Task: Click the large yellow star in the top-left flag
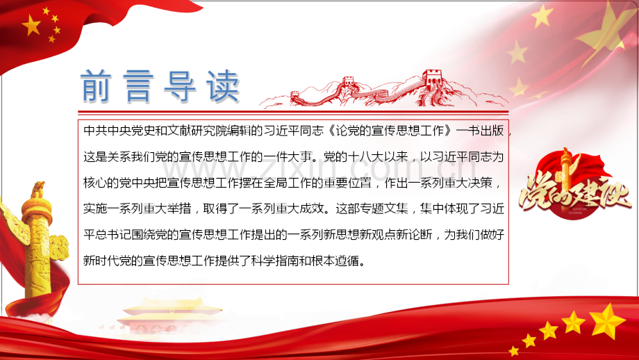tap(32, 26)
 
